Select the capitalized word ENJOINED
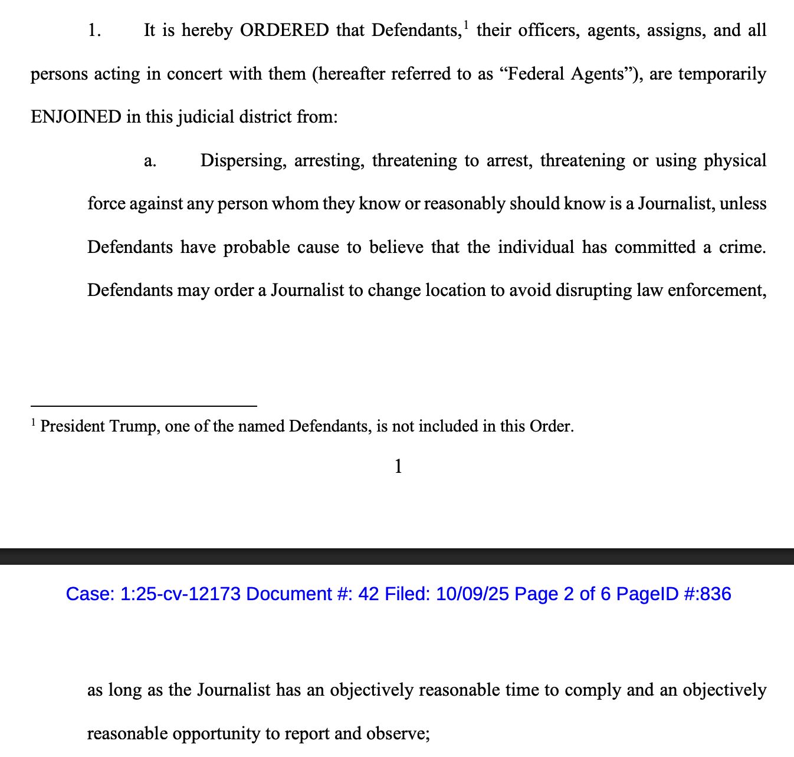tap(76, 117)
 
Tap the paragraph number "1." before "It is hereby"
tap(94, 31)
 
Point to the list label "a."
tap(150, 161)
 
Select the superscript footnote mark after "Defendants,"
tap(466, 25)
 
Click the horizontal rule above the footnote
tap(143, 406)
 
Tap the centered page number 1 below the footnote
tap(398, 467)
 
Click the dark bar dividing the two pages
tap(397, 557)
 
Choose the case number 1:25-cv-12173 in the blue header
tap(181, 594)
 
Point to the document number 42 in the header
tap(368, 594)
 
